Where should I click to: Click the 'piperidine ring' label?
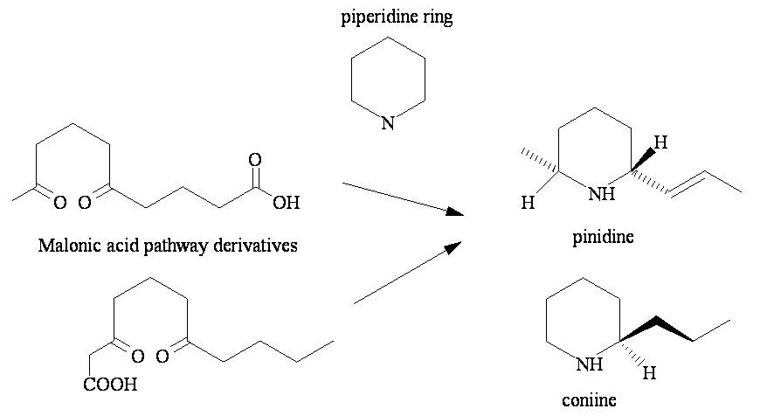coord(397,17)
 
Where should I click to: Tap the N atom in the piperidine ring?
coord(389,124)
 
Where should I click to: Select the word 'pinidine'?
coord(603,238)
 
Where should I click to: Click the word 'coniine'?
coord(590,400)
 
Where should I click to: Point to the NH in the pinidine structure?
coord(601,194)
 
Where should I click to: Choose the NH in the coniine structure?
coord(591,364)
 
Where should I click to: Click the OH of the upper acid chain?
coord(286,204)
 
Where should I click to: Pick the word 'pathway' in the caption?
coord(187,246)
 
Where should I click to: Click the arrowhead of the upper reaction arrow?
coord(453,211)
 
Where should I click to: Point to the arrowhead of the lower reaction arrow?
coord(453,247)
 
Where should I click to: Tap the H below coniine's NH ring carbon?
coord(648,374)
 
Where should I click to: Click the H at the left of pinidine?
coord(527,203)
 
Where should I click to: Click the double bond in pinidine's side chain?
coord(690,184)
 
